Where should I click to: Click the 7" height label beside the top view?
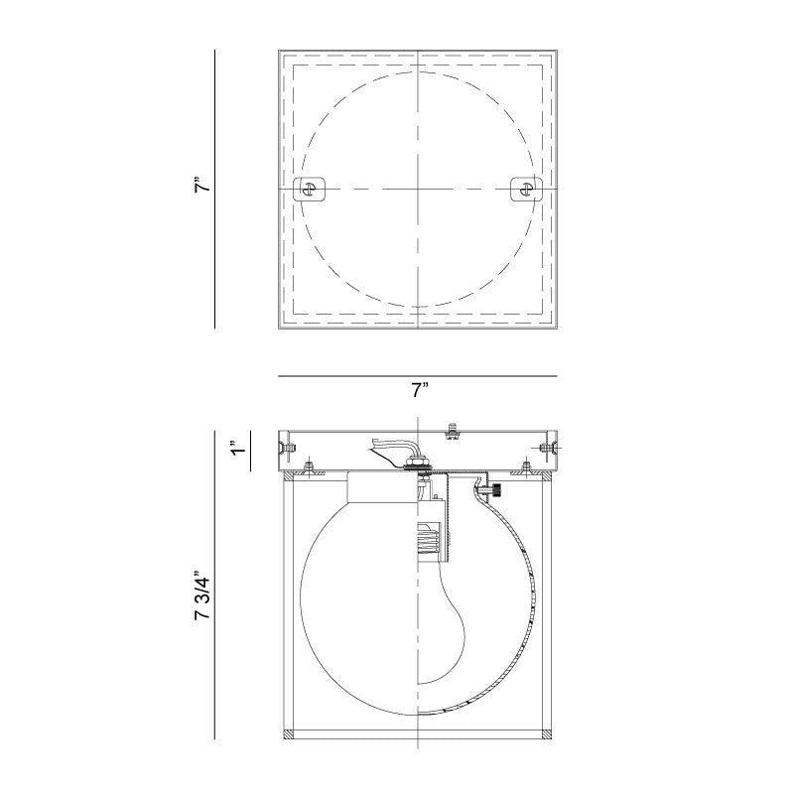tap(201, 187)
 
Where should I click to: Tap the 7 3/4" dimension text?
tap(203, 596)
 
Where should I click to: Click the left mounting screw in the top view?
tap(310, 188)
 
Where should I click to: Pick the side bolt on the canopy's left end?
tap(288, 449)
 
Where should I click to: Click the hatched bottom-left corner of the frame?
tap(290, 734)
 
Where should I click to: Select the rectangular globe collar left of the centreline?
tap(381, 491)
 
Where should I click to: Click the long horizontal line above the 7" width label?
tap(418, 376)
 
